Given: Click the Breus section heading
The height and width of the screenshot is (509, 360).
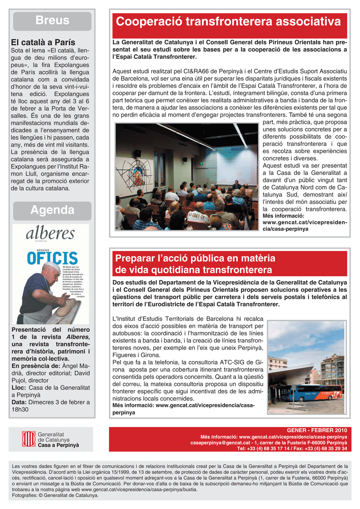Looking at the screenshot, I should click(52, 20).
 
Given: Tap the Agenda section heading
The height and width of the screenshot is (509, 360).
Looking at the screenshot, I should click(52, 210).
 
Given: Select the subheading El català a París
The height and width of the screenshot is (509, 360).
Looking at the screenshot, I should click(43, 42).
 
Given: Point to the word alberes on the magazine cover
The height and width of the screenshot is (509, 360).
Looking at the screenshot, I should click(51, 234).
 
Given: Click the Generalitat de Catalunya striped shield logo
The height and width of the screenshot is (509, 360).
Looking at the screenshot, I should click(28, 439).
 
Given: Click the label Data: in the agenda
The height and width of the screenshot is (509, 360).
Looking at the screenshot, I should click(19, 402).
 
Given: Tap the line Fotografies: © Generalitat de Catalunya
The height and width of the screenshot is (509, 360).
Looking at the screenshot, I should click(55, 495).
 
